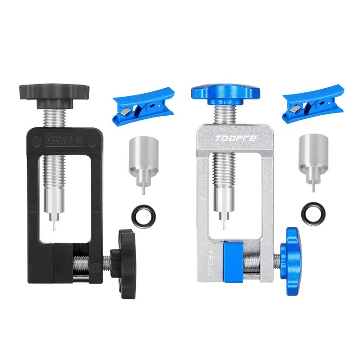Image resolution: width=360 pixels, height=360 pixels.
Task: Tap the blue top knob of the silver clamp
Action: (x=225, y=94)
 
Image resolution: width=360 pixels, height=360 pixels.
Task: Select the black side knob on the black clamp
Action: (x=124, y=264)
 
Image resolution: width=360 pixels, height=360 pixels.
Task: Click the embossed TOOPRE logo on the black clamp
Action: (x=64, y=139)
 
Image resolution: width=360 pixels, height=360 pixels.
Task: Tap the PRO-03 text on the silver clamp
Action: (x=210, y=262)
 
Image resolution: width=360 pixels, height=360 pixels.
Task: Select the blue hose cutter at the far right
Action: (x=313, y=104)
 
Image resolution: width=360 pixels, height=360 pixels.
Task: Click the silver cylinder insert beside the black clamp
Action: (x=144, y=161)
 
